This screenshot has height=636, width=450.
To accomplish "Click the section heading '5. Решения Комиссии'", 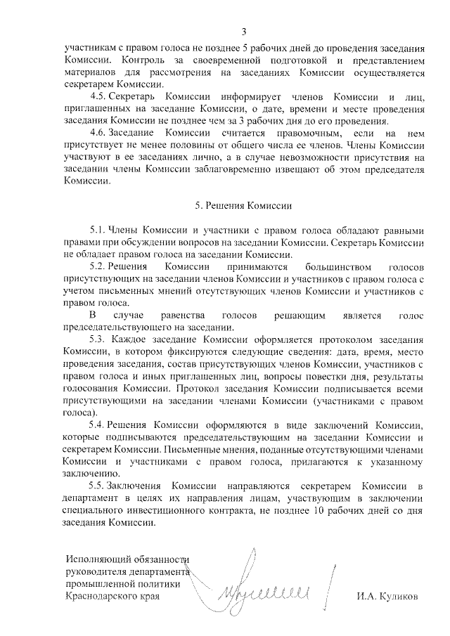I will (243, 206).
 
